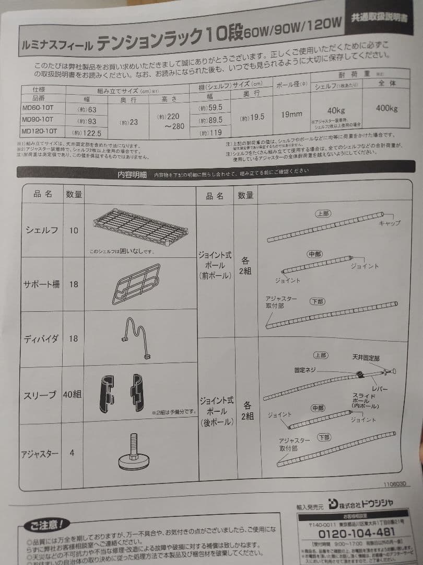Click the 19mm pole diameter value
coord(292,115)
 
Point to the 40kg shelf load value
coord(335,110)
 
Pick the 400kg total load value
coord(386,109)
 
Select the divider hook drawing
coord(136,338)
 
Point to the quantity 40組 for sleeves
coord(72,394)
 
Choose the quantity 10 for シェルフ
coord(73,230)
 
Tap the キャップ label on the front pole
coord(390,223)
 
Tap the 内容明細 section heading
coord(132,175)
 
